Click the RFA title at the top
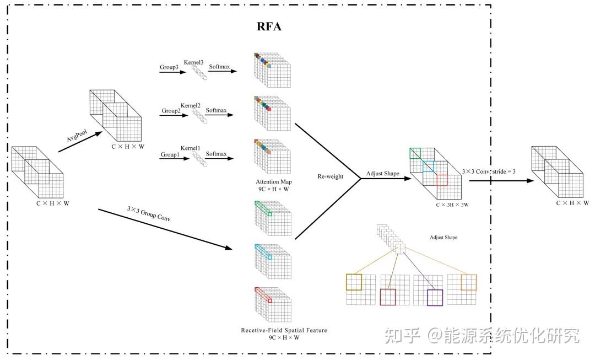(x=269, y=26)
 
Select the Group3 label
(x=170, y=68)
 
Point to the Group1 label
(x=170, y=155)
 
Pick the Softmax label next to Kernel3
(x=219, y=67)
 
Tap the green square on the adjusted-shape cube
(x=415, y=153)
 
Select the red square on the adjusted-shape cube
(x=442, y=180)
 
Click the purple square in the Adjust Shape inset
(x=435, y=298)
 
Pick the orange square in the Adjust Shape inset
(x=468, y=283)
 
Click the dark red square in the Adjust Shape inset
(x=388, y=297)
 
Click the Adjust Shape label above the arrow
(x=383, y=174)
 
